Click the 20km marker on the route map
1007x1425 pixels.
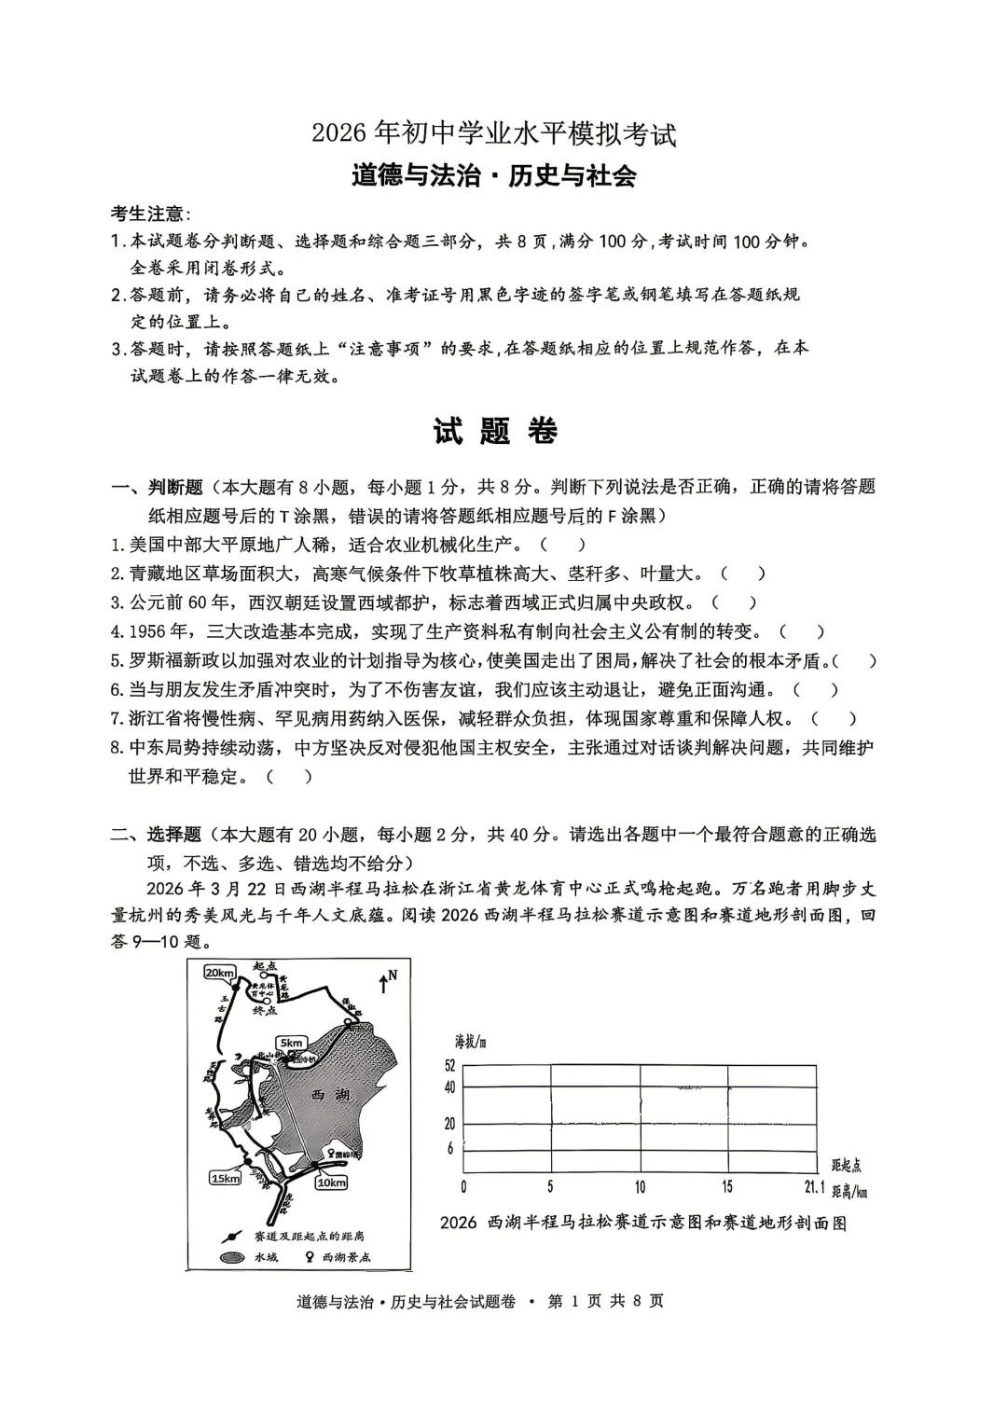tap(218, 973)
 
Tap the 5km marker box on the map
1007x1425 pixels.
tap(291, 1043)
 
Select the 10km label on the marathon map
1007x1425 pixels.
tap(330, 1183)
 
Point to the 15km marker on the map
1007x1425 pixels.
tap(225, 1178)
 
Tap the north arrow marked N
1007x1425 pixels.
tap(387, 978)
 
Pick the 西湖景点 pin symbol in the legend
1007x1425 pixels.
tap(309, 1256)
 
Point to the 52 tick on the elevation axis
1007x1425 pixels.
tap(449, 1065)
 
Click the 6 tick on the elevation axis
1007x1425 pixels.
tap(450, 1148)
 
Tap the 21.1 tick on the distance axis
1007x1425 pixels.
tap(814, 1187)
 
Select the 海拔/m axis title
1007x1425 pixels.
tap(471, 1042)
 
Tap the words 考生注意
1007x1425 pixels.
tap(147, 213)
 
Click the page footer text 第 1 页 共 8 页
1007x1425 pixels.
tap(605, 1301)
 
